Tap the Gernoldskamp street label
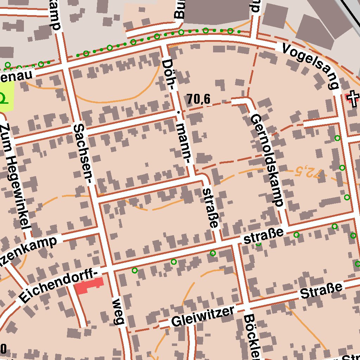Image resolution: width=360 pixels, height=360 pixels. tap(267, 160)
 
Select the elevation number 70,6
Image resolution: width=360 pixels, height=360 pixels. tap(199, 100)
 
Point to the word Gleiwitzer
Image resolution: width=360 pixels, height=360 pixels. tap(202, 316)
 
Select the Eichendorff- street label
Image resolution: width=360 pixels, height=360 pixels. tap(58, 285)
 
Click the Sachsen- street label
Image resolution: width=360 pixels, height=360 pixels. tap(83, 154)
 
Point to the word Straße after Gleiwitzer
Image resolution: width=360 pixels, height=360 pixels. tap(321, 290)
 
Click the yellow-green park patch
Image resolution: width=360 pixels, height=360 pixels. tap(7, 96)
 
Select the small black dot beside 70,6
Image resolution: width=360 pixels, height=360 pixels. tap(178, 113)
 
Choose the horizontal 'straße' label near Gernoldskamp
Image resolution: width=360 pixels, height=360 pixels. tap(263, 236)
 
